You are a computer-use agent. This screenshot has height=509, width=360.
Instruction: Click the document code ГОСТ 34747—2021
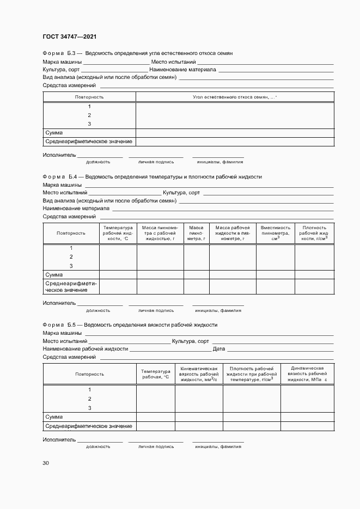[70, 36]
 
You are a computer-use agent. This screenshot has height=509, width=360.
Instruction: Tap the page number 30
[46, 463]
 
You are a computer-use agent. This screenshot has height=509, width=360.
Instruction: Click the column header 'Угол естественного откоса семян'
[235, 97]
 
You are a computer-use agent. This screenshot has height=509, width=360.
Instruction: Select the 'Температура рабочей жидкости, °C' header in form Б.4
[118, 233]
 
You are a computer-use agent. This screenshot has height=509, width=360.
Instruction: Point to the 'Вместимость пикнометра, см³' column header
[275, 233]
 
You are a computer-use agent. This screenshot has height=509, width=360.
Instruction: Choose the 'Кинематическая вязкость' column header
[198, 374]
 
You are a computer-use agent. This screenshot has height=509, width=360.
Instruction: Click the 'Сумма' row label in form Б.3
[54, 133]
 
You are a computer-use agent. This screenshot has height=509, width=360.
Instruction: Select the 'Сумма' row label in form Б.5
[54, 416]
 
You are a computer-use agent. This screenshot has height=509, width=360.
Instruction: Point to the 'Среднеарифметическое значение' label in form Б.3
[88, 142]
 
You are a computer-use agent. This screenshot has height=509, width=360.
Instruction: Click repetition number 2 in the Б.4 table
[71, 257]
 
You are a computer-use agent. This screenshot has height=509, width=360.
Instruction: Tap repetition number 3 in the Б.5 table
[89, 408]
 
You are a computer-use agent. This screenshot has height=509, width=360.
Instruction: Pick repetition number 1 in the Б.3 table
[89, 107]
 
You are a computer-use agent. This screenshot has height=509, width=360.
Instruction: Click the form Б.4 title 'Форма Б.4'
[62, 177]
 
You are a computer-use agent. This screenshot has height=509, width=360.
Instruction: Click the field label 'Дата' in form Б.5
[218, 349]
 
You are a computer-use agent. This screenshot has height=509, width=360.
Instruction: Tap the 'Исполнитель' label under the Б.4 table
[59, 303]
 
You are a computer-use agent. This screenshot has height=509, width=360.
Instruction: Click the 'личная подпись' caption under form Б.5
[156, 446]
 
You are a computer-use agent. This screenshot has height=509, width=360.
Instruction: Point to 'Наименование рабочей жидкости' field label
[85, 349]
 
